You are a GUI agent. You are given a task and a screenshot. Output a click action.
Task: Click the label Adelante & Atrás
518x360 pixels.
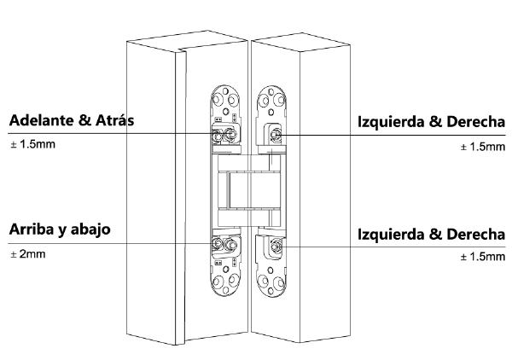(x=72, y=120)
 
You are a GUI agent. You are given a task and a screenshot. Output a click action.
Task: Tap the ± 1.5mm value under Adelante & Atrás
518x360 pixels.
(x=32, y=143)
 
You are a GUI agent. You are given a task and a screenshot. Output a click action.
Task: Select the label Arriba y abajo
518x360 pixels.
(x=60, y=230)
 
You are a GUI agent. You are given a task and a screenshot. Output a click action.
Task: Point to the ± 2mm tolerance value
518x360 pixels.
(x=26, y=254)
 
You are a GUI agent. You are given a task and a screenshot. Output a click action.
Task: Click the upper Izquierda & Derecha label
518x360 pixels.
(x=431, y=122)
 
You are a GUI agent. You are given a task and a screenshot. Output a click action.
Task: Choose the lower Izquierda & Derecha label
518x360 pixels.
(x=431, y=234)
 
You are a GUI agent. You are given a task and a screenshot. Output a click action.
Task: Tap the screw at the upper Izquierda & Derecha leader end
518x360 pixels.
(x=276, y=134)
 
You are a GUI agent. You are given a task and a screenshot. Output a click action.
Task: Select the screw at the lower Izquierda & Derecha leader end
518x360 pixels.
(x=276, y=247)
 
